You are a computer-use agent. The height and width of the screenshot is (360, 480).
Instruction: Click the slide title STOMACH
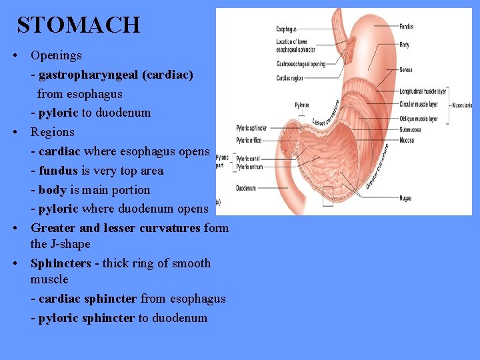(x=79, y=25)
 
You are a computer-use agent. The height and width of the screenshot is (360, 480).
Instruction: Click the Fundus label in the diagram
(x=406, y=27)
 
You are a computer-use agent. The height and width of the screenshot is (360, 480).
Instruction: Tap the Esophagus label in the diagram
(x=287, y=29)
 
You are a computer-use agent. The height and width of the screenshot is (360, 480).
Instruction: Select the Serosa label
(x=406, y=69)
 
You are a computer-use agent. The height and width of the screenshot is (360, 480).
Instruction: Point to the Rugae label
(x=406, y=198)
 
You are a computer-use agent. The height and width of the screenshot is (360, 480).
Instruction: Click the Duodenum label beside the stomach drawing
(x=246, y=188)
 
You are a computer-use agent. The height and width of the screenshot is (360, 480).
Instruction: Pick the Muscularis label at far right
(x=461, y=105)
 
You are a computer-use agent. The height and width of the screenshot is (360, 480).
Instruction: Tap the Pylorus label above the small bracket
(x=302, y=105)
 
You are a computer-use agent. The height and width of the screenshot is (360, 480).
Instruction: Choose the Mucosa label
(x=407, y=140)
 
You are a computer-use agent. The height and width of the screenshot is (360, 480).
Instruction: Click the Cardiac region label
(x=290, y=78)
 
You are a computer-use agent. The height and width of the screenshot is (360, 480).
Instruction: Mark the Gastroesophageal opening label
(x=301, y=64)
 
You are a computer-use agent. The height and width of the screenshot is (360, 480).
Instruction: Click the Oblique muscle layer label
(x=419, y=119)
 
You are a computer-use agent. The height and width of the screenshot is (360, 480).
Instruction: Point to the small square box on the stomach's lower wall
(x=327, y=195)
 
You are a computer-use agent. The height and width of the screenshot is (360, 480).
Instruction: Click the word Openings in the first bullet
(x=56, y=55)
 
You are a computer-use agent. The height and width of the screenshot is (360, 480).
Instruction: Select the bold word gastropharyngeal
(x=84, y=75)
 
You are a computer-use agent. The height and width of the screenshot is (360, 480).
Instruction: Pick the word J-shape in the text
(x=69, y=244)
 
